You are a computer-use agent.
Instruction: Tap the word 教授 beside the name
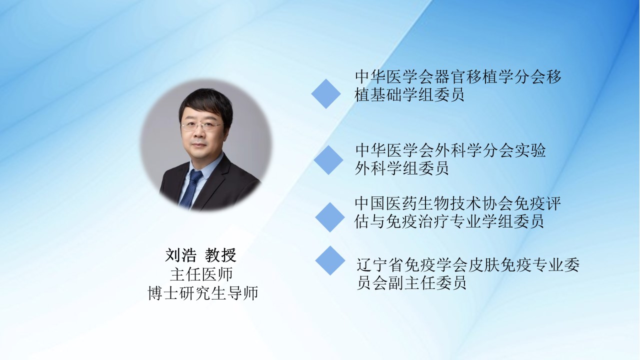tap(220, 255)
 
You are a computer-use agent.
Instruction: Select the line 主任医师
tap(201, 274)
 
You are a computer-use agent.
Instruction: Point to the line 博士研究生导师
tap(203, 293)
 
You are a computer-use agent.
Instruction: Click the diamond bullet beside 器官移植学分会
tap(326, 93)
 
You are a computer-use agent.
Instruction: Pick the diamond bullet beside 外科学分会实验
tap(328, 160)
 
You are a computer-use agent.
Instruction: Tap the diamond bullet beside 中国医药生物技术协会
tap(330, 217)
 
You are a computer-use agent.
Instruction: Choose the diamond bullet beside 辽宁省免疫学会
tap(330, 260)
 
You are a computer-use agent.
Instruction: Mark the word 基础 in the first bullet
tap(386, 94)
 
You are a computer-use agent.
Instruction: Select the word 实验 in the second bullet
tap(530, 150)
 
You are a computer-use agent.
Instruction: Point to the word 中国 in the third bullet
tap(370, 203)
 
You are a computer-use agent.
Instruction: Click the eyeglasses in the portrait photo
tap(201, 126)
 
